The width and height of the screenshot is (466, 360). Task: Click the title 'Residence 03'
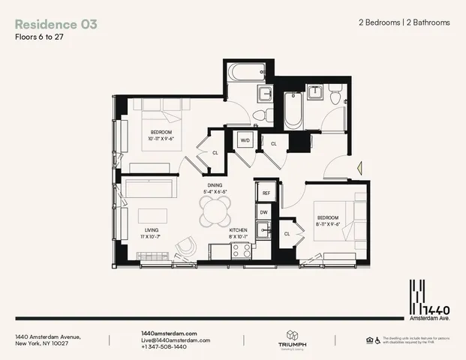point(56,23)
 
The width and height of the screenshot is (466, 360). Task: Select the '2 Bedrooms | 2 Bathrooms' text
point(404,22)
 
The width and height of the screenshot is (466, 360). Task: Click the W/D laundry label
point(245,141)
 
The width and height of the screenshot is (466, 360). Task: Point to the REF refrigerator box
point(266,193)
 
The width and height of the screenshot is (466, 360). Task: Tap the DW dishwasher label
point(264,213)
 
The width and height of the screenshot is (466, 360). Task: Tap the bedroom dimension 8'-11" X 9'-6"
point(329,223)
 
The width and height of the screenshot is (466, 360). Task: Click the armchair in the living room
point(184,248)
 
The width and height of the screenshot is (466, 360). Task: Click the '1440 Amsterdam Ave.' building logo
point(423,298)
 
